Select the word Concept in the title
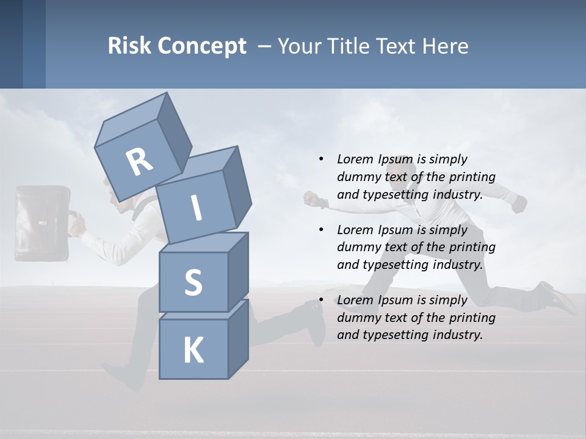tap(203, 46)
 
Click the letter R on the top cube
tap(139, 162)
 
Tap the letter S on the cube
tap(193, 282)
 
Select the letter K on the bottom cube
tap(193, 350)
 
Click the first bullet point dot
tap(321, 160)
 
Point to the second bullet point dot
tap(321, 230)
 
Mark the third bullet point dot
tap(321, 300)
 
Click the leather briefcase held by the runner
tap(42, 223)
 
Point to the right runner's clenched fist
tap(311, 199)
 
